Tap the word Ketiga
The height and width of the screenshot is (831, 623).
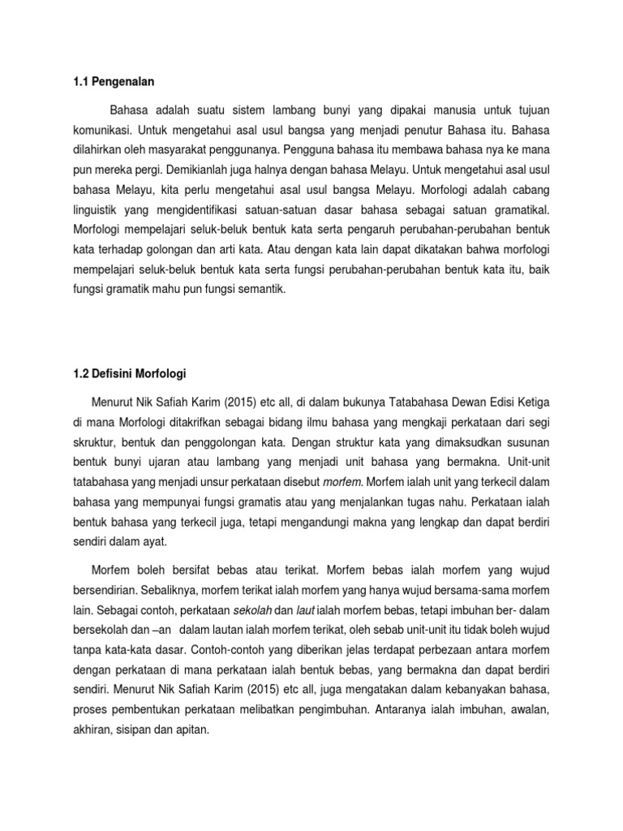click(531, 401)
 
